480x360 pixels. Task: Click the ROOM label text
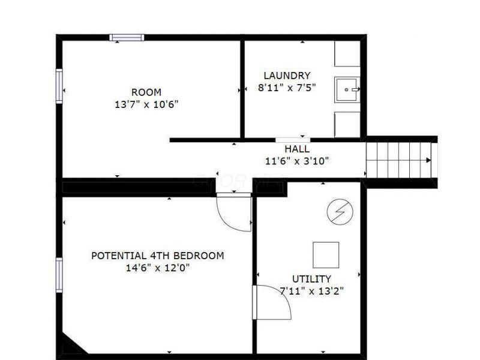click(146, 92)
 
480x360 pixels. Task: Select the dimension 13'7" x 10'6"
click(146, 104)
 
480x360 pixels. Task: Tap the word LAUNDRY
click(287, 76)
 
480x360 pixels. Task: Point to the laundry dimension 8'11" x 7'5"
click(287, 87)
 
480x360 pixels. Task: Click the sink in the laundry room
click(347, 89)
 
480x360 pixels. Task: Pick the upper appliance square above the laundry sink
click(347, 54)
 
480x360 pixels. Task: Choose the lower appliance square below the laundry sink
click(347, 124)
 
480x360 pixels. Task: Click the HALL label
click(297, 149)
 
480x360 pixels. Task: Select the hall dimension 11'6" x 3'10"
click(297, 160)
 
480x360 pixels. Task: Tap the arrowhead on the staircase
click(428, 160)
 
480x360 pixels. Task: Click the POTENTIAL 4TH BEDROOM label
click(157, 256)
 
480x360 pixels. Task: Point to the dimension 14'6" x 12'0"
click(157, 268)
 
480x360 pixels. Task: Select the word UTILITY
click(311, 279)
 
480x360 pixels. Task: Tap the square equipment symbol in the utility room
click(326, 254)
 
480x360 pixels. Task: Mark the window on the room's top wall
click(127, 38)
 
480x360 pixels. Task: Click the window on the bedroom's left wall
click(59, 275)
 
